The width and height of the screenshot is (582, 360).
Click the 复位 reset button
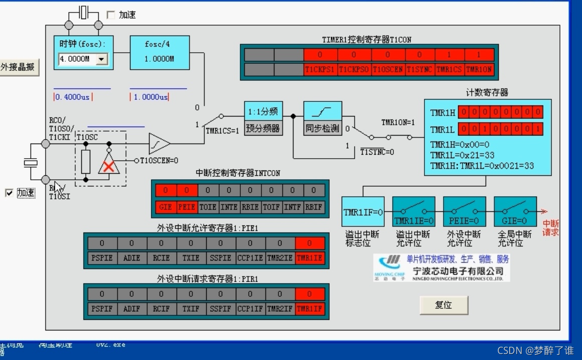(x=444, y=305)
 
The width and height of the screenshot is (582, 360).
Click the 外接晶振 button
(x=19, y=67)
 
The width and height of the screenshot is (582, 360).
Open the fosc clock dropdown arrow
(x=101, y=59)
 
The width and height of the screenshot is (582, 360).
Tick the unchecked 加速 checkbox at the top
(x=111, y=15)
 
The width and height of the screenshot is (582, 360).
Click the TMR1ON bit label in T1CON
(x=479, y=70)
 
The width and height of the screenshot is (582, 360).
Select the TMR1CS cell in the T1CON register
(x=450, y=70)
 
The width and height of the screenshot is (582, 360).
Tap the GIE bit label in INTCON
(x=166, y=206)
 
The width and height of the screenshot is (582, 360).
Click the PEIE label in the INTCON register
(x=187, y=206)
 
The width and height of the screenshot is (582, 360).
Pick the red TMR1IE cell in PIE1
(x=310, y=258)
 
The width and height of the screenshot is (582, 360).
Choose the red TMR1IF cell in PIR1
(x=310, y=309)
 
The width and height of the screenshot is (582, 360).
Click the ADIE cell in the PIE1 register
(x=132, y=258)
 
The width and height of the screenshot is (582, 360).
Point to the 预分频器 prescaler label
(x=263, y=128)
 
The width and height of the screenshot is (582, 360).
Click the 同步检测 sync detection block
(x=323, y=118)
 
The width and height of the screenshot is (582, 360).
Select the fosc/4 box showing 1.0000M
(x=160, y=52)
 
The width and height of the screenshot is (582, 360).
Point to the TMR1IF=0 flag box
(x=363, y=212)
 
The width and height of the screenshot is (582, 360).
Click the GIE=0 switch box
(x=515, y=212)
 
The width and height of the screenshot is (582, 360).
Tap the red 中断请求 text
(x=550, y=228)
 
